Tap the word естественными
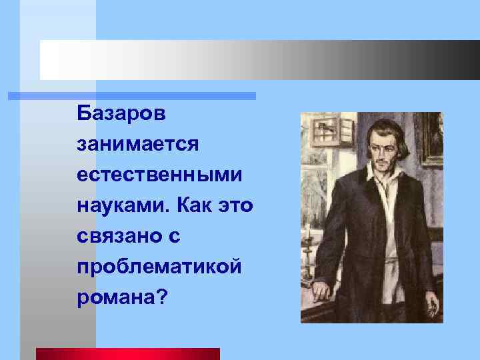point(159,174)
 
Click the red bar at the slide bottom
point(127,354)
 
